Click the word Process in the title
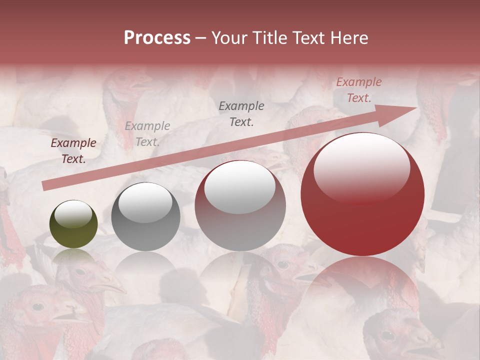[x=157, y=38]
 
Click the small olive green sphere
[x=73, y=224]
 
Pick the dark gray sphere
[x=145, y=216]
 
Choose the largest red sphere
[x=362, y=194]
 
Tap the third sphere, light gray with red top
[x=240, y=205]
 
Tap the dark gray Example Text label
[x=241, y=113]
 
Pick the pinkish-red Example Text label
[x=358, y=90]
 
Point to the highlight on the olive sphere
[x=73, y=214]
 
